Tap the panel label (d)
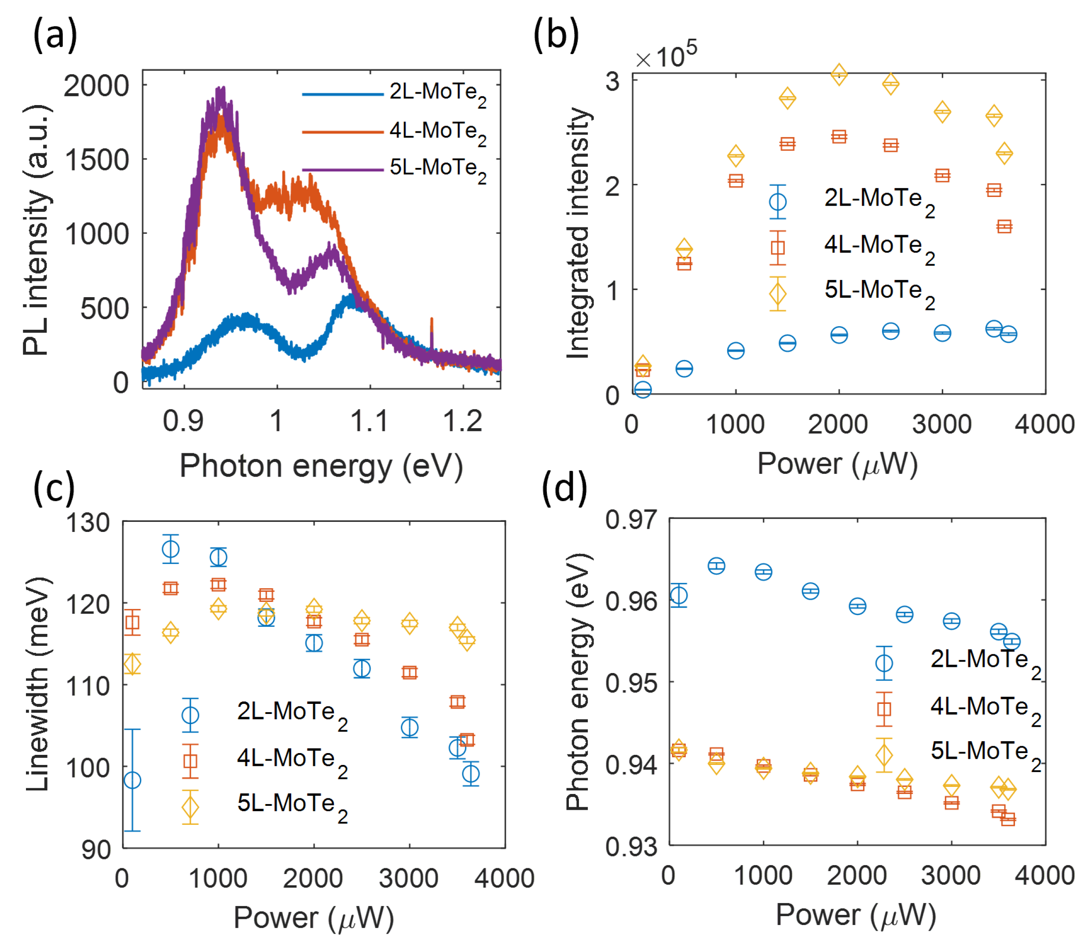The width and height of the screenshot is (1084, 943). tap(564, 488)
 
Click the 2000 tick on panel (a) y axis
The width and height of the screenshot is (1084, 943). tap(96, 85)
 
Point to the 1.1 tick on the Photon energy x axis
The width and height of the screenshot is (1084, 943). tap(369, 421)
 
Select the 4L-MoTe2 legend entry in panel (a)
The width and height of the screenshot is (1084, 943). tap(437, 131)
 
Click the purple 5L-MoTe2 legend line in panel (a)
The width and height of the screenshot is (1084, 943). tap(343, 169)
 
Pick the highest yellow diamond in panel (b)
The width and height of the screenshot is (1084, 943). tap(839, 75)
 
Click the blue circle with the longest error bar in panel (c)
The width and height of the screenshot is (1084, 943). tap(132, 780)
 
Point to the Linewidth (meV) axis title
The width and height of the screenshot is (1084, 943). tap(38, 684)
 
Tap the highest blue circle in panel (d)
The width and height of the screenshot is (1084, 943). tap(717, 566)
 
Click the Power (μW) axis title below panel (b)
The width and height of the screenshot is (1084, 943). tap(837, 464)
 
